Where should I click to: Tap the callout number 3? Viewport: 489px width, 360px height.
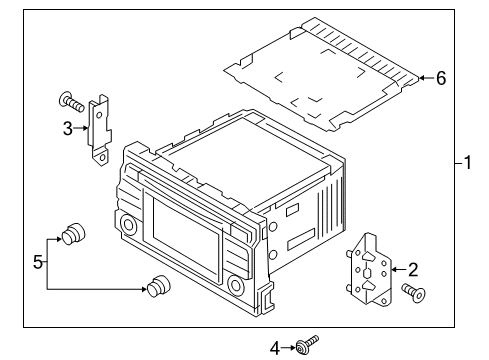click(67, 127)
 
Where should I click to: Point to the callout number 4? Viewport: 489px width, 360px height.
click(275, 348)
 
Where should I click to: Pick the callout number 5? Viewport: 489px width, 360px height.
click(38, 263)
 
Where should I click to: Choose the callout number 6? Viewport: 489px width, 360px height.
click(439, 78)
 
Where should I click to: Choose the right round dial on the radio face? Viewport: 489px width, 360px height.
click(236, 285)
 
